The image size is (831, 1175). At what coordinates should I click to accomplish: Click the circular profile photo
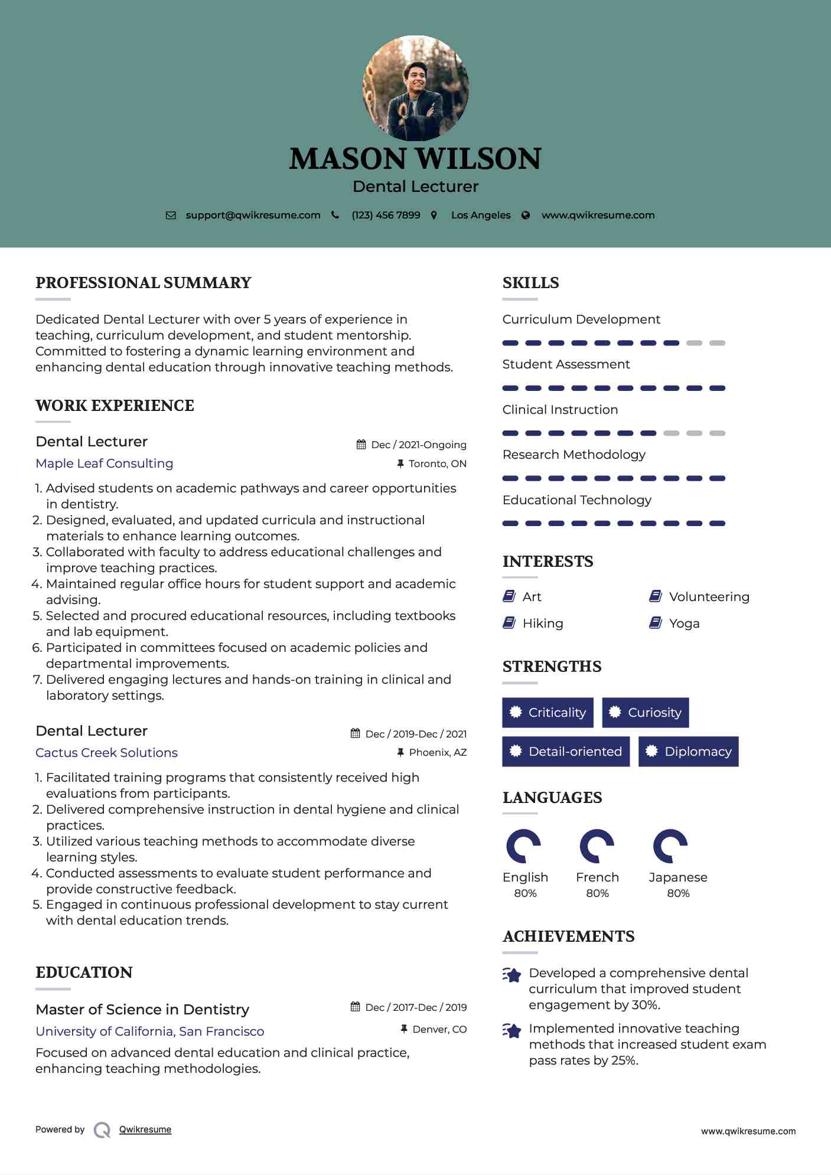click(x=415, y=89)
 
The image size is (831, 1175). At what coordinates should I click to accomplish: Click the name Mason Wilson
click(x=415, y=158)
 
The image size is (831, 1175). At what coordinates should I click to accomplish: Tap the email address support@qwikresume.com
click(x=253, y=215)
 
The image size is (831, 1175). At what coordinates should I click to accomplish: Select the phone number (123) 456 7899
click(x=386, y=215)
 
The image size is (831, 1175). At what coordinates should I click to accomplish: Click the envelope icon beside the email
click(x=171, y=216)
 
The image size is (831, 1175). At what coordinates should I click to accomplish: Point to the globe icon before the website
click(x=525, y=216)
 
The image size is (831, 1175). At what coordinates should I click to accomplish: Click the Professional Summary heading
click(x=144, y=283)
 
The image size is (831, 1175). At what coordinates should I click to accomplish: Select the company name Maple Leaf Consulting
click(x=105, y=464)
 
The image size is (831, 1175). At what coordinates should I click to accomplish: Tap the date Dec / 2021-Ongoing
click(x=418, y=445)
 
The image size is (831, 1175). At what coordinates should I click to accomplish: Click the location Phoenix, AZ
click(x=438, y=752)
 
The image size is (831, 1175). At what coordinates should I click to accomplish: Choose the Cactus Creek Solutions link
click(x=106, y=753)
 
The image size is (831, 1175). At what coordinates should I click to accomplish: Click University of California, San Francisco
click(x=150, y=1032)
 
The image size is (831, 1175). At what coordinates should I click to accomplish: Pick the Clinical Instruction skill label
click(x=560, y=410)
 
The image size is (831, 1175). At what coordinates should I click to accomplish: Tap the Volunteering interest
click(x=709, y=597)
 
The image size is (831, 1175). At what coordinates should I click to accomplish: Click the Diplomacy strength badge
click(x=689, y=752)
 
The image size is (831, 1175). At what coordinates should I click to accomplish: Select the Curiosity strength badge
click(x=646, y=713)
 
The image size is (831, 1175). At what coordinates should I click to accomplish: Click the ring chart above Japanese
click(x=670, y=846)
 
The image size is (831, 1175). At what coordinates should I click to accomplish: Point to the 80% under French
click(x=597, y=893)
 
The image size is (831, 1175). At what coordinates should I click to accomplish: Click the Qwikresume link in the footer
click(x=145, y=1130)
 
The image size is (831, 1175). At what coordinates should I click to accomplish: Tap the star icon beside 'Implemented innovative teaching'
click(x=512, y=1030)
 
